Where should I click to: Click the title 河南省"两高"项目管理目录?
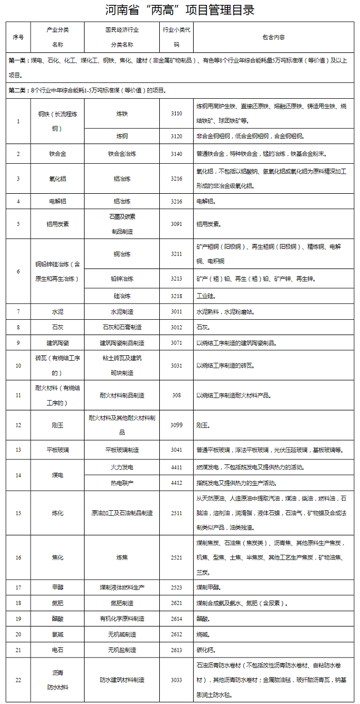click(x=180, y=10)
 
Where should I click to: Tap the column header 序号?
click(x=18, y=37)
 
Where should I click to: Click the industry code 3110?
click(x=176, y=113)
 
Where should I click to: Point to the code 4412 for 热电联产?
click(x=176, y=482)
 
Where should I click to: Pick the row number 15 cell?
click(x=18, y=513)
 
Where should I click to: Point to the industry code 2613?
click(x=176, y=650)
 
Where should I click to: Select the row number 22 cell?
click(x=18, y=680)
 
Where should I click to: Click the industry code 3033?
click(x=176, y=680)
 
